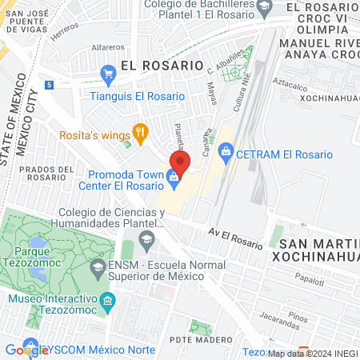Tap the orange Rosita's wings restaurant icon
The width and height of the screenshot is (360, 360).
[141, 134]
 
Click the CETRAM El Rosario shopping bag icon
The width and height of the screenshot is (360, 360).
[226, 150]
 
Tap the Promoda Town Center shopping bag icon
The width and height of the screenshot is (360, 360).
[173, 177]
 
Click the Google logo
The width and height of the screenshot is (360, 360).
[26, 350]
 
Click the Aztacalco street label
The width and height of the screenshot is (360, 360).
[295, 82]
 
